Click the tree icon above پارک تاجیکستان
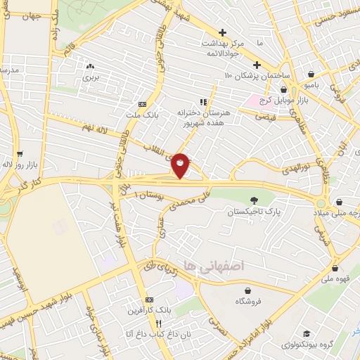pos(252,200)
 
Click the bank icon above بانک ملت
pos(143,103)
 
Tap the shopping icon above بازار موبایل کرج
pos(284,90)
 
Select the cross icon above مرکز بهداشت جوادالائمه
pos(222,32)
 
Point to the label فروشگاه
pos(247,300)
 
